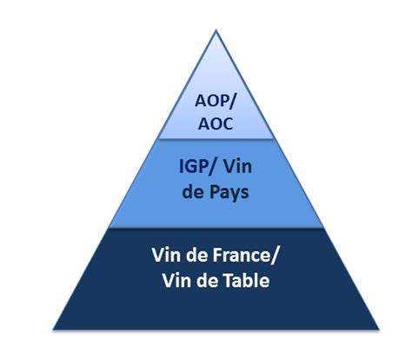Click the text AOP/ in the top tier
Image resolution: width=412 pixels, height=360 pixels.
[x=216, y=101]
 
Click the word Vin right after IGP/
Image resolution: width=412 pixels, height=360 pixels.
[x=238, y=167]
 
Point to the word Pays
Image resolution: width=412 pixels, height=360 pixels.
[x=229, y=193]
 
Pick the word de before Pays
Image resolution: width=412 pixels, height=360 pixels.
[x=194, y=191]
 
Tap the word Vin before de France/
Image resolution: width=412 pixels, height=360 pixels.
[x=165, y=256]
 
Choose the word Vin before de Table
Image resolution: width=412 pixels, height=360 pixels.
[x=176, y=281]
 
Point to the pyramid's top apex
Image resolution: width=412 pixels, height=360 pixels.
[x=216, y=30]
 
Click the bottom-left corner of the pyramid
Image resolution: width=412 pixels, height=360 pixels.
[x=53, y=330]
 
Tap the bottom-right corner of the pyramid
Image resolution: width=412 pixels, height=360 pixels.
[x=379, y=330]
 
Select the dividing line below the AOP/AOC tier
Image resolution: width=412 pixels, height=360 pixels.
[x=216, y=139]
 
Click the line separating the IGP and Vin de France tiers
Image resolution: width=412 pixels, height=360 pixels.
[x=216, y=228]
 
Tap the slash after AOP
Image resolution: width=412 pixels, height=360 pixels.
[x=232, y=102]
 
